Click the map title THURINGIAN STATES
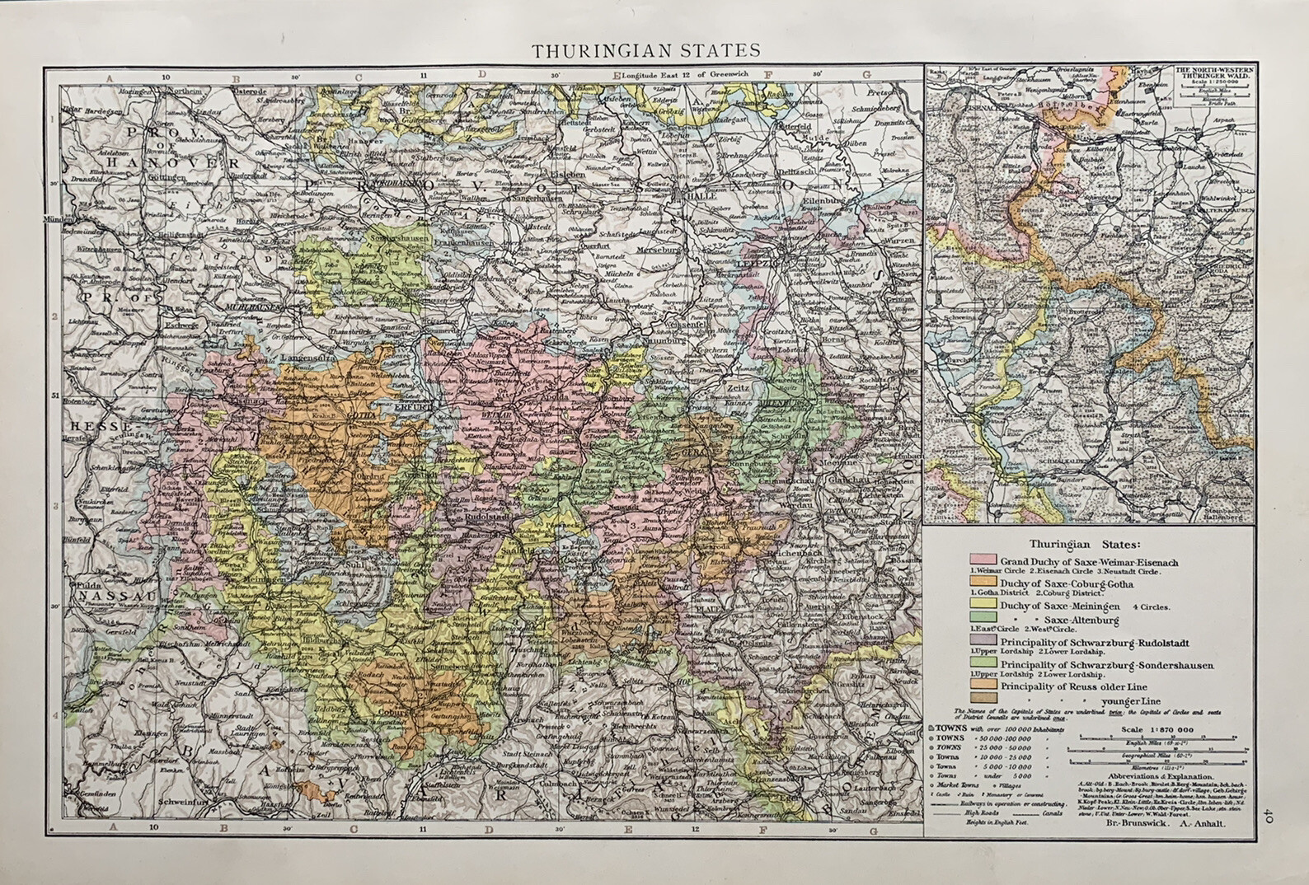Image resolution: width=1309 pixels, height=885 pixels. point(645,50)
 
